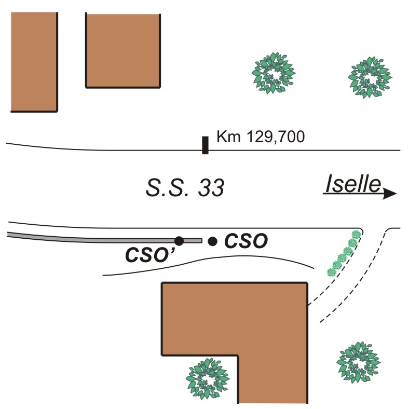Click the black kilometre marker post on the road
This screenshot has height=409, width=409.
pyautogui.click(x=205, y=145)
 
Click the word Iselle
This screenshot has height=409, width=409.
pyautogui.click(x=353, y=184)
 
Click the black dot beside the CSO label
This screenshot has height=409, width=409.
pyautogui.click(x=212, y=241)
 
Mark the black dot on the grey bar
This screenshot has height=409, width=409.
pyautogui.click(x=179, y=241)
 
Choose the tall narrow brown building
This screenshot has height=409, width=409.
pyautogui.click(x=34, y=61)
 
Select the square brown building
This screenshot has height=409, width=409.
pyautogui.click(x=122, y=50)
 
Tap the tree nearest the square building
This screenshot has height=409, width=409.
pyautogui.click(x=273, y=73)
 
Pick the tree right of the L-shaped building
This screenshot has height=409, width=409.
pyautogui.click(x=358, y=363)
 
